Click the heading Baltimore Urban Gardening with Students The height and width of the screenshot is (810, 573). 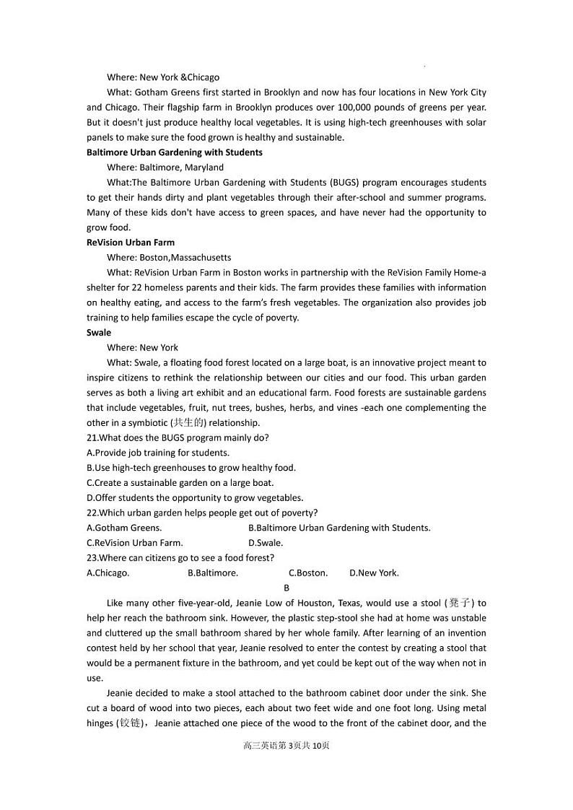(174, 152)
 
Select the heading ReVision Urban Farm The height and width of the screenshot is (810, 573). (130, 243)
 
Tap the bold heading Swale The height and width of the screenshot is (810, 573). (99, 333)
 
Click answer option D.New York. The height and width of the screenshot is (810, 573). (374, 573)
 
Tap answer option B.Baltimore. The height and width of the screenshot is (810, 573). (213, 573)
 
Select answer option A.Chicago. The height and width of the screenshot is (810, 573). (108, 573)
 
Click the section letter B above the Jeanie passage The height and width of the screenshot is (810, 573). (286, 588)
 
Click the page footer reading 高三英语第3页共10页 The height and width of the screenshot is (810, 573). (286, 746)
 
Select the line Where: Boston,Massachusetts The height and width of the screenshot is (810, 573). (169, 258)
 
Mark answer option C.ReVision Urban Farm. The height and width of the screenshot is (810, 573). (135, 543)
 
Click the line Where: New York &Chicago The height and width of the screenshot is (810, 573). (163, 77)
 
